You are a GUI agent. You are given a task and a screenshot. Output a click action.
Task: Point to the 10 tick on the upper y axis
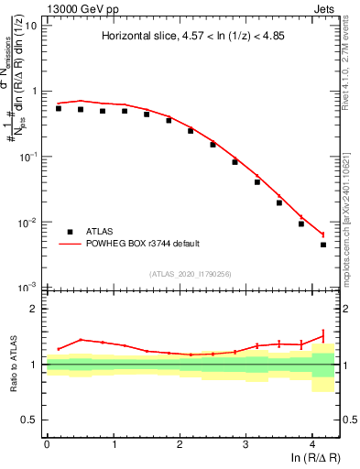[29, 25]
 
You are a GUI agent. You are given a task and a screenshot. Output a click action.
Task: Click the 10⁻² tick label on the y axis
[27, 223]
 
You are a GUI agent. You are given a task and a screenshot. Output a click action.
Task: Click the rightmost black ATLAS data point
[323, 245]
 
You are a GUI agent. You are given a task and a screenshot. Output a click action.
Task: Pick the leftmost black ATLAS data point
[59, 108]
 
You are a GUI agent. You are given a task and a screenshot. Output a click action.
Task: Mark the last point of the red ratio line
[323, 335]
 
